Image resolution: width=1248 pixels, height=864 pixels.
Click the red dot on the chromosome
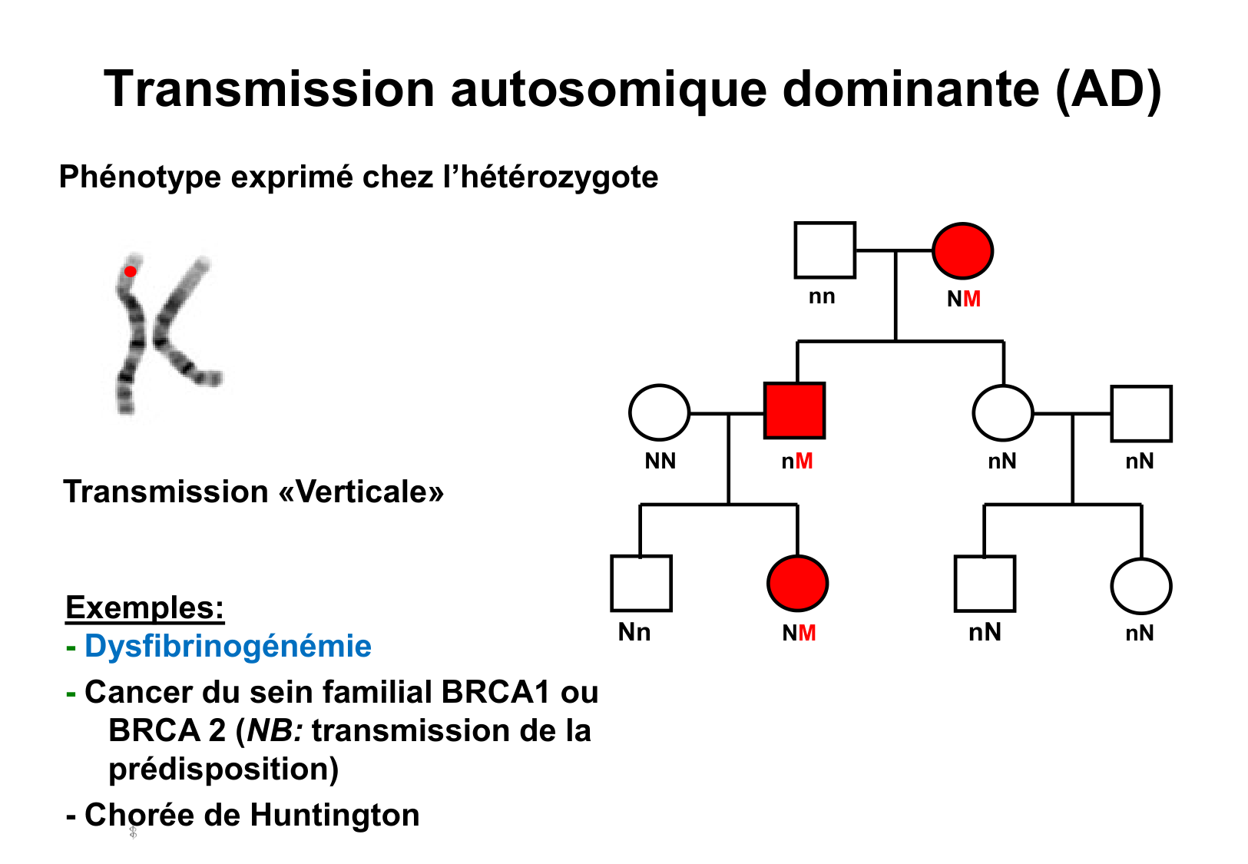[131, 271]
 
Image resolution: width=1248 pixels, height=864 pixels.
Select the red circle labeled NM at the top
[962, 251]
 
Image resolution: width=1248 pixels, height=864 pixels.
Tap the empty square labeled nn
[824, 250]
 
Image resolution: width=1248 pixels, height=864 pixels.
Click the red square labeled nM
[795, 411]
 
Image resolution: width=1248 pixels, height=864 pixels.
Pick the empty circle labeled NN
[659, 412]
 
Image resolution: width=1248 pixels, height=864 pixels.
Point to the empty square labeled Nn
[641, 584]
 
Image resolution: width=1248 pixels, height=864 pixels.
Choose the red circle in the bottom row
[797, 584]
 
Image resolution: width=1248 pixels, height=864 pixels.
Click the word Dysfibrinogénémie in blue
[228, 646]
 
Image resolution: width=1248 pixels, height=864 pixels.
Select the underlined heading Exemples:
[144, 607]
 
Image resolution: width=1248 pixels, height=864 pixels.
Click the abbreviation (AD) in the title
[1108, 89]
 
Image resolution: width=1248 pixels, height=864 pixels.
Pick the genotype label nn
[822, 296]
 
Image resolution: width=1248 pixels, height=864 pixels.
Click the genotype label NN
[660, 461]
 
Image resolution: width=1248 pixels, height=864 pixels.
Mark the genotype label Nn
[634, 632]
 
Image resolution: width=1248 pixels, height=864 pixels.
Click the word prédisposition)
[223, 769]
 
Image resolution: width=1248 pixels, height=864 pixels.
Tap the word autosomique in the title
[608, 89]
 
